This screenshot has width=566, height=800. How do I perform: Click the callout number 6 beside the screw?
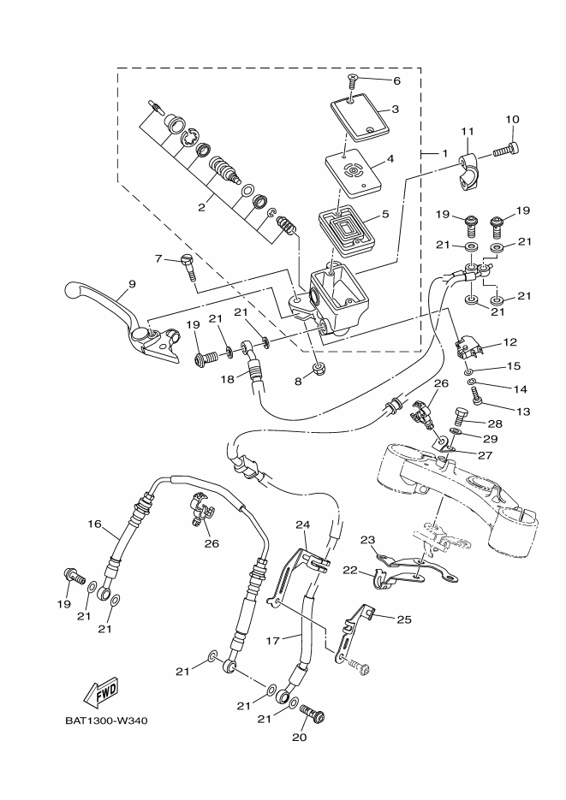point(396,80)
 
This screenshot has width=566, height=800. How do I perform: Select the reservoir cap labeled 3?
point(359,116)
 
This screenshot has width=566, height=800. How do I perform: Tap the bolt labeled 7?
point(189,267)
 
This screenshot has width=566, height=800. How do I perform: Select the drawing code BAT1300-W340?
point(106,720)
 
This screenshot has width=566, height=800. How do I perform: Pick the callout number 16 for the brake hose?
point(94,524)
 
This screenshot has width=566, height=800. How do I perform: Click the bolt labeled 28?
point(462,418)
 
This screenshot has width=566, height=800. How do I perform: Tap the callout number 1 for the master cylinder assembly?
point(444,152)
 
